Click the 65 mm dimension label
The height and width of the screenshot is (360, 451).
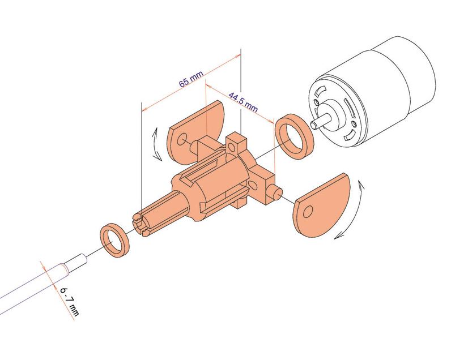(191, 79)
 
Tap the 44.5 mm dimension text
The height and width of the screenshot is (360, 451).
(243, 102)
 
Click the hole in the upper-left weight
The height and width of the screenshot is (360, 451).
(182, 139)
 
